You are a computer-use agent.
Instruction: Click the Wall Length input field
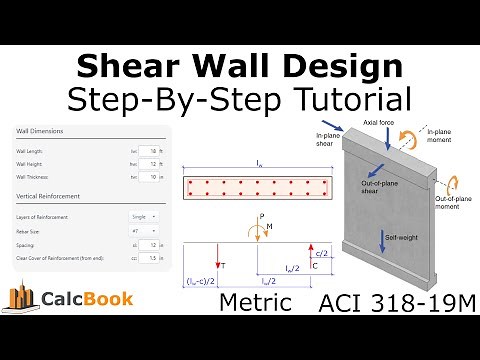pyautogui.click(x=151, y=151)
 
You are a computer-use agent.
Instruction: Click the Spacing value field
pyautogui.click(x=151, y=244)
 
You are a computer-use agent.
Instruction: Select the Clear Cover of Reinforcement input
pyautogui.click(x=151, y=258)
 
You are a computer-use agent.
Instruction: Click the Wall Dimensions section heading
pyautogui.click(x=40, y=131)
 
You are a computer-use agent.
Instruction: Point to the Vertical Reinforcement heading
pyautogui.click(x=49, y=196)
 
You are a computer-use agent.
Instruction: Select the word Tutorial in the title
pyautogui.click(x=352, y=98)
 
